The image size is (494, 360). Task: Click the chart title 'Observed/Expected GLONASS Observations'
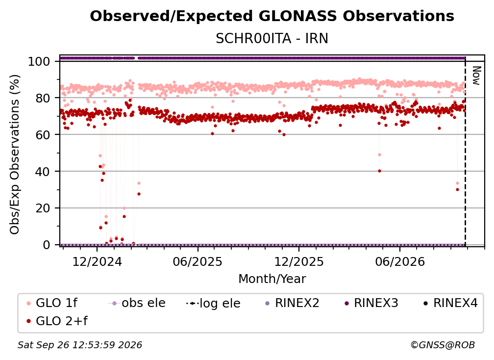point(272,16)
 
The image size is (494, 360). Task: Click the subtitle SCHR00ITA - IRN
point(272,39)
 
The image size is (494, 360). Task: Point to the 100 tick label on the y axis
point(39,61)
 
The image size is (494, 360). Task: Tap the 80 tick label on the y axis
point(43,98)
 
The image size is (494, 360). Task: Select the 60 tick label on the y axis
point(43,135)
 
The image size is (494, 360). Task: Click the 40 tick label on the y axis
point(43,172)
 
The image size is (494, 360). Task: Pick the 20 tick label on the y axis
point(43,208)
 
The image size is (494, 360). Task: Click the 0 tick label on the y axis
point(46,245)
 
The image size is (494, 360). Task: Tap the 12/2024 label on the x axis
point(97,262)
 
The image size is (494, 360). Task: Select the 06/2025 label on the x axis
point(198,262)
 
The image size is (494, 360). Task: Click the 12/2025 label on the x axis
point(299,262)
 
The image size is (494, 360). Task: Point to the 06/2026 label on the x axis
point(400,262)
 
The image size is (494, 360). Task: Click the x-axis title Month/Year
point(272,279)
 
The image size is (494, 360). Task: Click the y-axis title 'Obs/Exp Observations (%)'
point(15,154)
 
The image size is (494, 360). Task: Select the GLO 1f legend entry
point(52,303)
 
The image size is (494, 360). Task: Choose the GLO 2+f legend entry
point(57,321)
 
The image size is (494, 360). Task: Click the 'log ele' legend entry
point(213,303)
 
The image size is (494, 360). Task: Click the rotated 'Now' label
point(476,76)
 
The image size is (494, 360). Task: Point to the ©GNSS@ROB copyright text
point(443,345)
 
